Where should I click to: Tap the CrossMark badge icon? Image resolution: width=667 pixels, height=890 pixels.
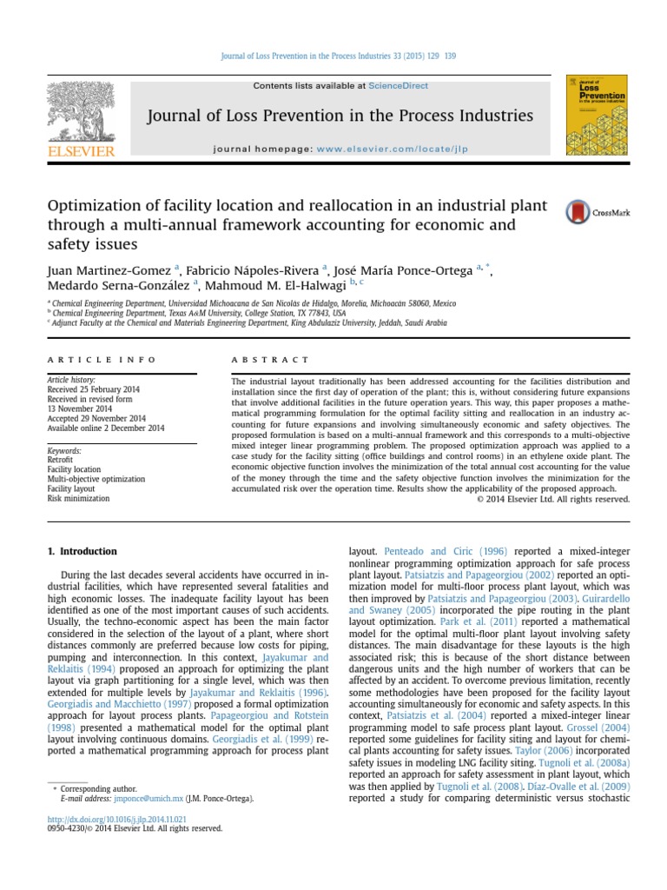pyautogui.click(x=576, y=212)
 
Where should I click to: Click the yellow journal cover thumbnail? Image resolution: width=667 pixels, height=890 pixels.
pyautogui.click(x=597, y=116)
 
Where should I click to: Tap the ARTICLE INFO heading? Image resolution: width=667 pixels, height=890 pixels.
pyautogui.click(x=102, y=359)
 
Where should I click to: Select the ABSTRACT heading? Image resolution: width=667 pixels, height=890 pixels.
pyautogui.click(x=270, y=359)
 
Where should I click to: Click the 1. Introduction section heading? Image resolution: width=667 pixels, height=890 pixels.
pyautogui.click(x=81, y=551)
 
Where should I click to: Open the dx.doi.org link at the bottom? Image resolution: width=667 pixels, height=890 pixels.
pyautogui.click(x=116, y=819)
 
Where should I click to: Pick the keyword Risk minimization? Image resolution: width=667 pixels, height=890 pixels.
pyautogui.click(x=78, y=499)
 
